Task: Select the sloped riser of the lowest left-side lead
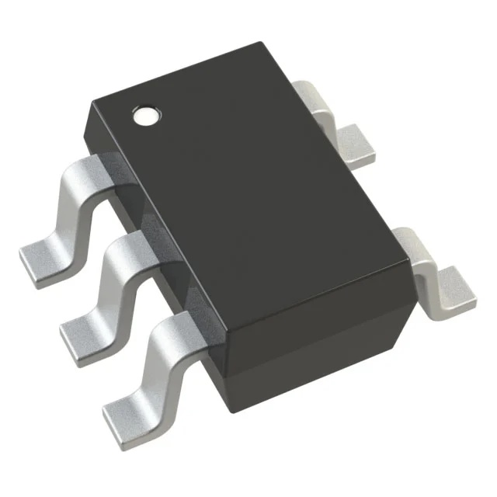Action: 148,361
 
